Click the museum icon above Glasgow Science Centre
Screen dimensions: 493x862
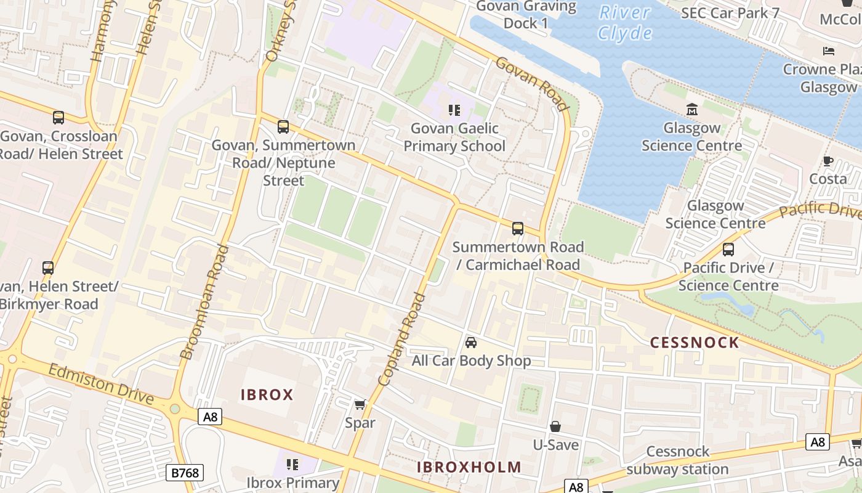(x=691, y=110)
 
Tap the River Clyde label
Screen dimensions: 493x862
(x=625, y=22)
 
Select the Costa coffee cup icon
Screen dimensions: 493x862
(x=828, y=161)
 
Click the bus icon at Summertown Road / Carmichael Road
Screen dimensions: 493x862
(x=517, y=229)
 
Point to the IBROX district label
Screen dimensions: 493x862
(x=267, y=395)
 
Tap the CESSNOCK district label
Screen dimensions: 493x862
(x=695, y=343)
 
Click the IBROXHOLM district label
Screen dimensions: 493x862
(x=469, y=467)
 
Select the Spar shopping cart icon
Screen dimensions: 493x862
(x=360, y=405)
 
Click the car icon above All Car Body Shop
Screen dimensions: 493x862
(x=471, y=343)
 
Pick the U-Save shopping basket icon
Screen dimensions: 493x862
(x=555, y=426)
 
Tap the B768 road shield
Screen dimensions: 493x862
(x=185, y=473)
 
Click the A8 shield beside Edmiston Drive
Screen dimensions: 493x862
(x=211, y=417)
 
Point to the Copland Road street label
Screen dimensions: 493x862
(x=403, y=339)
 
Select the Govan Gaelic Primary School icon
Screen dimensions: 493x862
(x=454, y=110)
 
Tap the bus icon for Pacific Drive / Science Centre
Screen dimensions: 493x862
(x=728, y=250)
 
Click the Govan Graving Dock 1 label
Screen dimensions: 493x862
(x=525, y=15)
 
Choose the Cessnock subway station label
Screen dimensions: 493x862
(x=677, y=460)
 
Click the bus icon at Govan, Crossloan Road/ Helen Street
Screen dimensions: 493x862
(x=58, y=117)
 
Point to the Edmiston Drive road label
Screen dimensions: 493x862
(x=100, y=384)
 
